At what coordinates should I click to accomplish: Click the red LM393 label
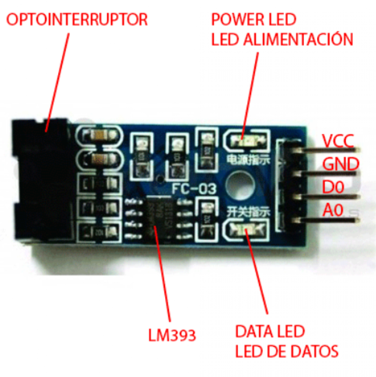(x=172, y=334)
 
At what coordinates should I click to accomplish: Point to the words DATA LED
(x=270, y=332)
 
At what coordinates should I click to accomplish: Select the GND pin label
(x=340, y=164)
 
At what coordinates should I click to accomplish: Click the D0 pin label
(x=333, y=187)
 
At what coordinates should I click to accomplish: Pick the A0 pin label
(x=333, y=210)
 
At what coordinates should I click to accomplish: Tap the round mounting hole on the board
(x=240, y=184)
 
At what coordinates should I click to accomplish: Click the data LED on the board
(x=245, y=228)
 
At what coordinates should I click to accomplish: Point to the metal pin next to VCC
(x=333, y=150)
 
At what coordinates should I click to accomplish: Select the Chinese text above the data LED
(x=248, y=212)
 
